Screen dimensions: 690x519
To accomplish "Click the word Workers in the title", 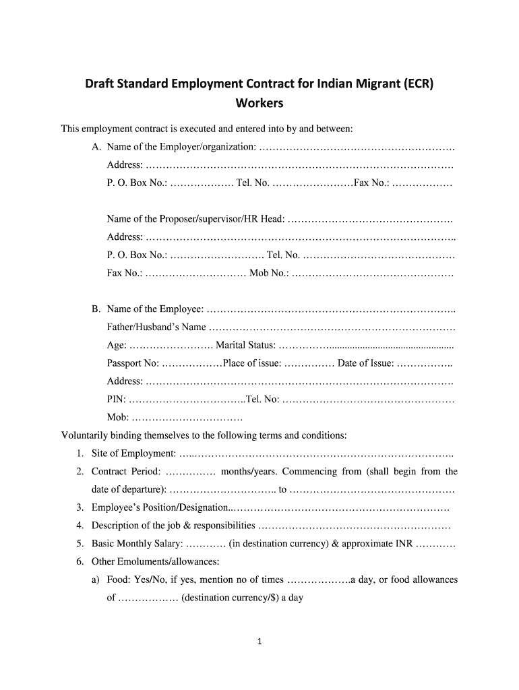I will coord(259,104).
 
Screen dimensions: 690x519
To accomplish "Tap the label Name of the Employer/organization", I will coord(181,147).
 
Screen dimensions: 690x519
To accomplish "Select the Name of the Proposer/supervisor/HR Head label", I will coord(196,220).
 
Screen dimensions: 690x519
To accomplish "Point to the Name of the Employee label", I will coord(155,309).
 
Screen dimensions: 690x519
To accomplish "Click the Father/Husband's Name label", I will coord(156,327).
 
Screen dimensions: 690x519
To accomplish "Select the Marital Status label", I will coord(245,346).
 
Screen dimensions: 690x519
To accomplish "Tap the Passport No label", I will coord(133,364).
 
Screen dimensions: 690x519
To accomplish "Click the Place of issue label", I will coord(252,364).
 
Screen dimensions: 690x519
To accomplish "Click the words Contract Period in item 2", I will coord(126,472).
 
